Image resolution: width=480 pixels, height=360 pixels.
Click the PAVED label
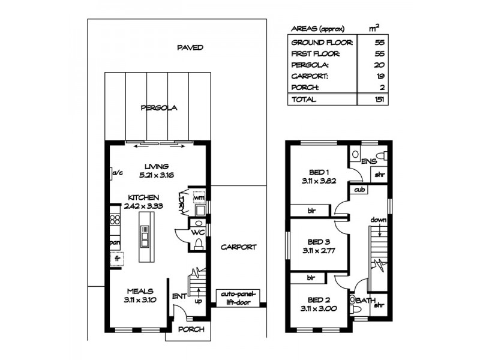pyautogui.click(x=190, y=47)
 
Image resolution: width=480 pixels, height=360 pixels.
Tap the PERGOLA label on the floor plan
pyautogui.click(x=159, y=108)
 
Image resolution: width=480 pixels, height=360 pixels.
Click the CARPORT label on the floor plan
pyautogui.click(x=238, y=247)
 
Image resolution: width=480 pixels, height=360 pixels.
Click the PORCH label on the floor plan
pyautogui.click(x=191, y=329)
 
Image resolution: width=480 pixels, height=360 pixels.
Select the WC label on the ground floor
pyautogui.click(x=197, y=232)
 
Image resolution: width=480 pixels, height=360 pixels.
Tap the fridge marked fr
pyautogui.click(x=118, y=259)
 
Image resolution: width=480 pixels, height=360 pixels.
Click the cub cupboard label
pyautogui.click(x=359, y=190)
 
